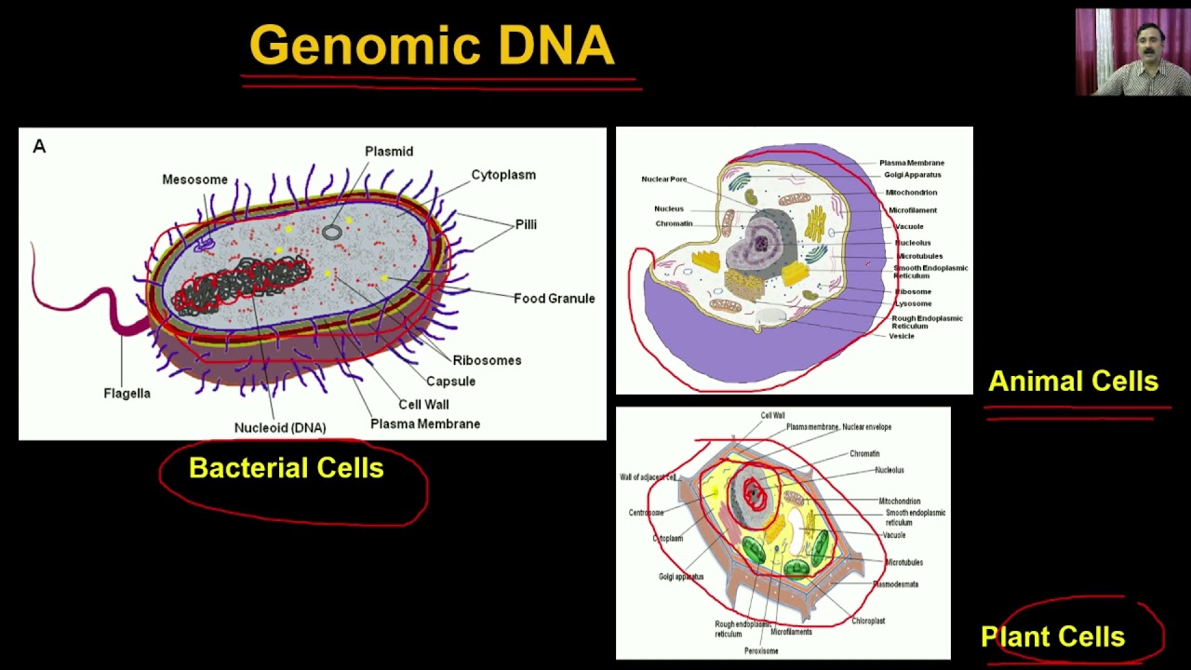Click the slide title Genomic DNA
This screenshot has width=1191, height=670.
pyautogui.click(x=432, y=47)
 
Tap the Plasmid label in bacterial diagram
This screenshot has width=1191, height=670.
pyautogui.click(x=389, y=152)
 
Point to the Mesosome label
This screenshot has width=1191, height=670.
pyautogui.click(x=194, y=180)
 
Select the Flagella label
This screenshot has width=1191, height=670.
pyautogui.click(x=127, y=394)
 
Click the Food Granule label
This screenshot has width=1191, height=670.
pyautogui.click(x=554, y=299)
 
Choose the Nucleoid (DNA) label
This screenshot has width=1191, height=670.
pyautogui.click(x=280, y=428)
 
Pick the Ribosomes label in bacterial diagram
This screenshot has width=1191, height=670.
pyautogui.click(x=487, y=361)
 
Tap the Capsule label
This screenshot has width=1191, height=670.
pyautogui.click(x=450, y=382)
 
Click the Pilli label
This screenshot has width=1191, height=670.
pyautogui.click(x=526, y=224)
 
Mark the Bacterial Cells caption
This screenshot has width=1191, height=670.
pyautogui.click(x=287, y=468)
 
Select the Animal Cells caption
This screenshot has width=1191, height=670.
pyautogui.click(x=1073, y=382)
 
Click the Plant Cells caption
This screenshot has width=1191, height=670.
pyautogui.click(x=1053, y=637)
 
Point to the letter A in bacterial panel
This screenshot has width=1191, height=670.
pyautogui.click(x=39, y=146)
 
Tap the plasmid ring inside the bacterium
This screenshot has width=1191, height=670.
pyautogui.click(x=332, y=232)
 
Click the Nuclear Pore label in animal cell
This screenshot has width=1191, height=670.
pyautogui.click(x=664, y=180)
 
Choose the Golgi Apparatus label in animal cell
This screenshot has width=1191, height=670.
pyautogui.click(x=913, y=175)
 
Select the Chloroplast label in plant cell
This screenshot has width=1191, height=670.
pyautogui.click(x=868, y=621)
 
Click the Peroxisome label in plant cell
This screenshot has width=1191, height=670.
pyautogui.click(x=761, y=650)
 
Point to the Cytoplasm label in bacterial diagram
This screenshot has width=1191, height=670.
pyautogui.click(x=503, y=175)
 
